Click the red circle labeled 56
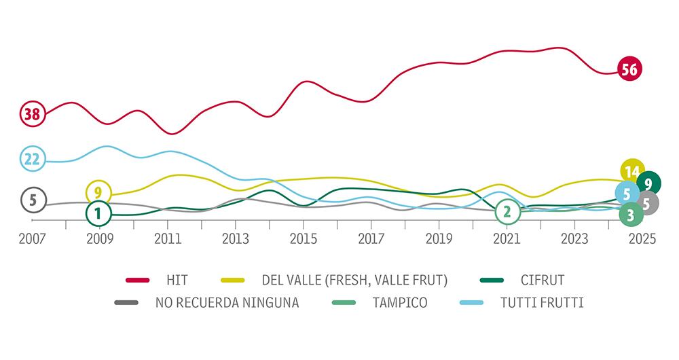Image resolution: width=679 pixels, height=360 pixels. click(629, 69)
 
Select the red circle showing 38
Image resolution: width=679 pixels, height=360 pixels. click(32, 114)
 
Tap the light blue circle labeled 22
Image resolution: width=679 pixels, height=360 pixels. click(32, 159)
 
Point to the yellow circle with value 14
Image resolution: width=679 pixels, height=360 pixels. click(633, 171)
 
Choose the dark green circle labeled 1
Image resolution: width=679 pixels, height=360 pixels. click(98, 214)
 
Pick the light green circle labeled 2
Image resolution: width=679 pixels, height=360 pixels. click(507, 213)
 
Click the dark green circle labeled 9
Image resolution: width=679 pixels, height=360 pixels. click(649, 183)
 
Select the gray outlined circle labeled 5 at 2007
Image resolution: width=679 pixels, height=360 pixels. click(32, 200)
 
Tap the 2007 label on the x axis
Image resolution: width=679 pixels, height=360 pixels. click(32, 239)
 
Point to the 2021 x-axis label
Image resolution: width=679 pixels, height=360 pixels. click(507, 239)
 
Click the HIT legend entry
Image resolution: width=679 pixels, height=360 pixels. click(177, 280)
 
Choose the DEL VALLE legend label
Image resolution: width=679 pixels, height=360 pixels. click(354, 280)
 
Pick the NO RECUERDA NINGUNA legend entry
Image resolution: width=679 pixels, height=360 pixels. click(227, 302)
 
